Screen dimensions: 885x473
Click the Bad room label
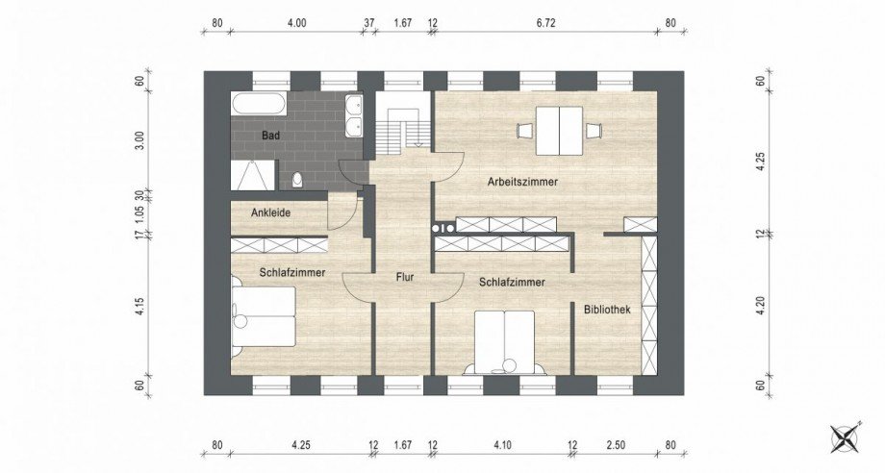(x=271, y=136)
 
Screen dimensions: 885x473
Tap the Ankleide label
(x=271, y=213)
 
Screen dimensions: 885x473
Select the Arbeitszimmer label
(x=522, y=182)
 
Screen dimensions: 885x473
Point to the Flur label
(x=405, y=277)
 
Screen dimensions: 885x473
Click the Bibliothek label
(x=607, y=310)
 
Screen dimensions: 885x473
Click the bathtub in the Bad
(x=260, y=104)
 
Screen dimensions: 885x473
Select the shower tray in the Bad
(x=254, y=175)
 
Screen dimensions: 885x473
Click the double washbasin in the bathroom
(x=354, y=116)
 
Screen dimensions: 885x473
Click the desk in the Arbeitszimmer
(x=559, y=131)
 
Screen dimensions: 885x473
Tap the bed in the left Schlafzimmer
(x=264, y=315)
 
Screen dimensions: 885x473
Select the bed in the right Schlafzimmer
(x=505, y=341)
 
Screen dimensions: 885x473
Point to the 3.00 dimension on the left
(x=140, y=139)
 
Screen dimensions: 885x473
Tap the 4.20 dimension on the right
(x=760, y=306)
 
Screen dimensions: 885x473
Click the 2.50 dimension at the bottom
(x=616, y=445)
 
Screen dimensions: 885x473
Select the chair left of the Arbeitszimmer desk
(x=525, y=131)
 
